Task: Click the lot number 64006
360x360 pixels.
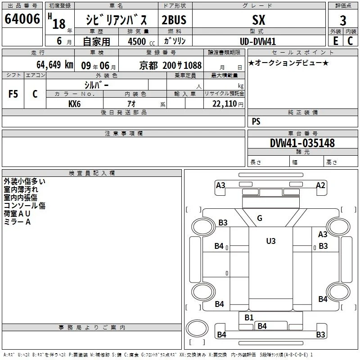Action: tap(22, 19)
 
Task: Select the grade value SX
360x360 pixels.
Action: tap(259, 20)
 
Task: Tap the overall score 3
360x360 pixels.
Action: tap(343, 21)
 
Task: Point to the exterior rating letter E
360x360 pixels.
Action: tap(336, 41)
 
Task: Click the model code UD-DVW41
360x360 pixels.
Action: tap(258, 41)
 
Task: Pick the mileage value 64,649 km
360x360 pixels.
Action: tap(55, 65)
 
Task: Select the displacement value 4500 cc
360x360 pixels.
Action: tap(141, 41)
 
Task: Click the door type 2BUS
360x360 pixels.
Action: tap(174, 20)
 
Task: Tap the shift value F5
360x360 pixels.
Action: tap(13, 94)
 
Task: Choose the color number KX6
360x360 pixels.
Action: tap(74, 104)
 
